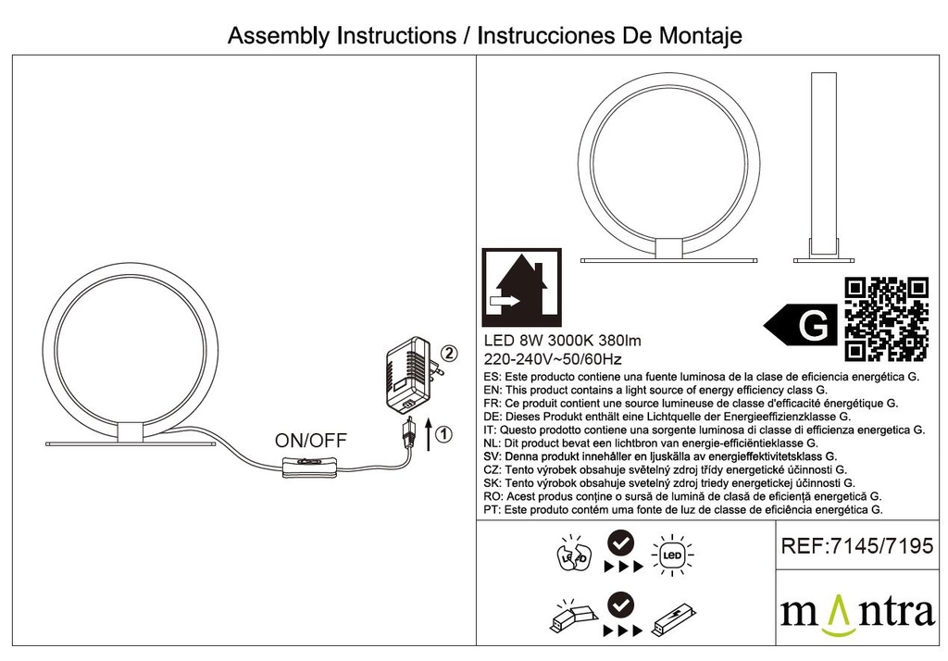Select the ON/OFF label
(311, 441)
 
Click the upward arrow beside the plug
(428, 433)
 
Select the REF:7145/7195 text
(857, 546)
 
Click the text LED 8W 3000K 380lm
(563, 341)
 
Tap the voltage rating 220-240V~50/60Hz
(554, 359)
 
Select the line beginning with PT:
(683, 509)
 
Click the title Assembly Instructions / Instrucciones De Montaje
(484, 36)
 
